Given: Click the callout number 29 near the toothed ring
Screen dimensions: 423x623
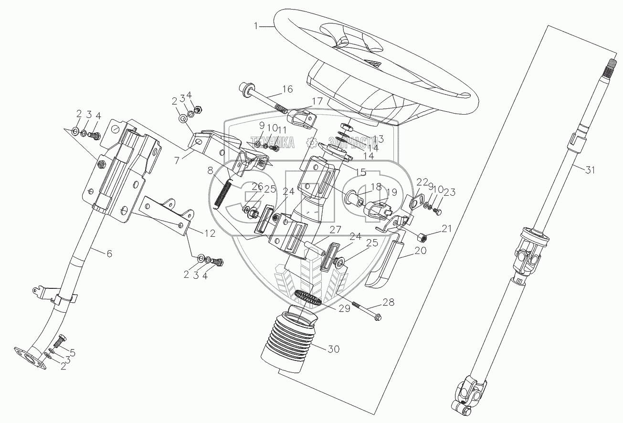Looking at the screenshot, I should coord(344,308).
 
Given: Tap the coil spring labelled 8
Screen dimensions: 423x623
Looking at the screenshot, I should coord(222,193).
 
